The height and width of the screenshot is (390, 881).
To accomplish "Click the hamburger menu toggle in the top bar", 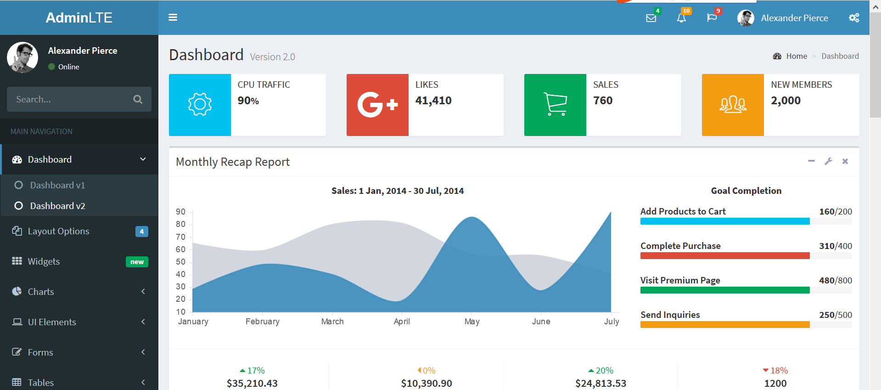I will (173, 17).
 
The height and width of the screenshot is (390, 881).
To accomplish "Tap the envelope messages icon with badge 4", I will (651, 18).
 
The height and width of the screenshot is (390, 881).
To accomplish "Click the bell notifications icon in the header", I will (681, 18).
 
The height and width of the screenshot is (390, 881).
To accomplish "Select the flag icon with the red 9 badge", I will (712, 18).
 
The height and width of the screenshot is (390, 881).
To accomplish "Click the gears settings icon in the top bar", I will (854, 18).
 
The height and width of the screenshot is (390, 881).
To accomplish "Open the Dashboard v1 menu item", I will (57, 185).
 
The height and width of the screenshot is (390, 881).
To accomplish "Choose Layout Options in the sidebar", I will (58, 231).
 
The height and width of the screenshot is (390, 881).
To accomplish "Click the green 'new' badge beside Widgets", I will (137, 262).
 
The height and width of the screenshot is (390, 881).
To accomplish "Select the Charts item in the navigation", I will (41, 292).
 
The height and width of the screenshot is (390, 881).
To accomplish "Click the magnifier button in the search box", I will (138, 99).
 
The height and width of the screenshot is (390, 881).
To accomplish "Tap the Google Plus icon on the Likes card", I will (377, 105).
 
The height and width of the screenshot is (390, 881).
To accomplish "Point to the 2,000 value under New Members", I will (786, 101).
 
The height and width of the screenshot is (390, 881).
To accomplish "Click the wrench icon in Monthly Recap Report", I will (828, 161).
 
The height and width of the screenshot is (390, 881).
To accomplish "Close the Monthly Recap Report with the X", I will (845, 161).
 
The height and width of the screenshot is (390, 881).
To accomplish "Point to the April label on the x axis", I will (402, 322).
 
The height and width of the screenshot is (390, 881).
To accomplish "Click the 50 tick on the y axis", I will (180, 262).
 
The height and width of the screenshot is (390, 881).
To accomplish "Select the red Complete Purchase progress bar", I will (724, 256).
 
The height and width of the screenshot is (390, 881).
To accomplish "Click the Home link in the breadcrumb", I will (796, 56).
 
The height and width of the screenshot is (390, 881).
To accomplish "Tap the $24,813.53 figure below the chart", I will (600, 383).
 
